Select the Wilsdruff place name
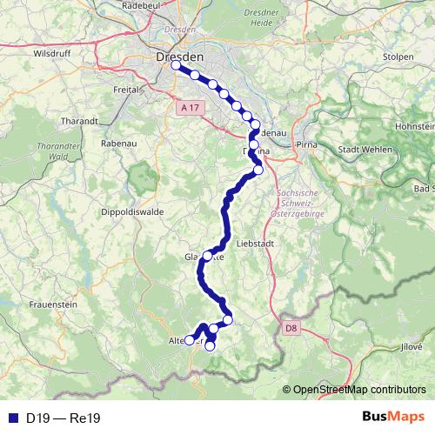(50, 53)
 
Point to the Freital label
(127, 89)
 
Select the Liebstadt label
(255, 244)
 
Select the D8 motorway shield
(291, 328)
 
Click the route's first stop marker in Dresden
(176, 65)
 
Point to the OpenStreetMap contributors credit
(359, 389)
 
